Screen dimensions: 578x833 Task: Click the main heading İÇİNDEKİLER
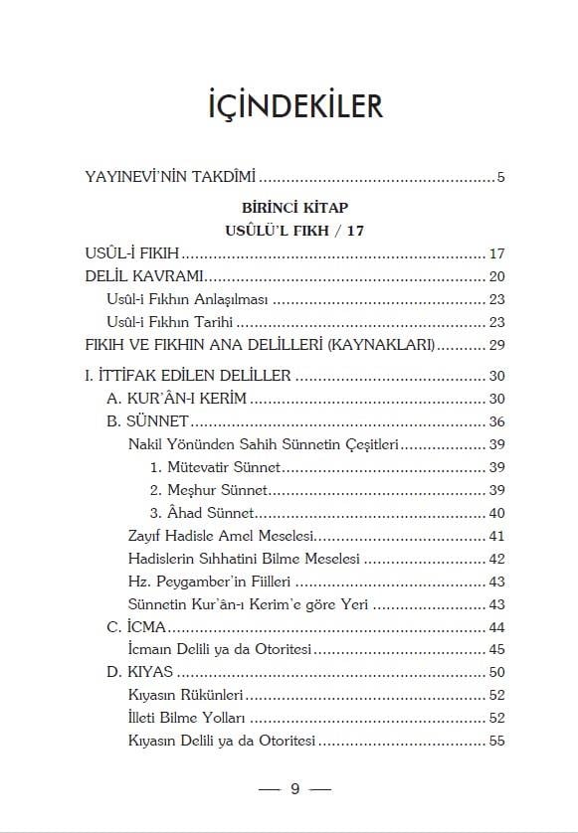click(289, 105)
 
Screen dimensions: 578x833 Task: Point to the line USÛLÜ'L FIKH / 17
click(289, 231)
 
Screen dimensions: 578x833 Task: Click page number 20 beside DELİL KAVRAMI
click(498, 275)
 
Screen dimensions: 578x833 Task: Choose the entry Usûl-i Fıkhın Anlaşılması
click(188, 298)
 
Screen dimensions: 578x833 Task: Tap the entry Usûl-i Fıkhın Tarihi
click(169, 322)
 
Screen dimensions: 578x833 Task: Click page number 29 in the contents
click(498, 345)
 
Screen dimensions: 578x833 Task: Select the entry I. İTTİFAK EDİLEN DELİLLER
click(189, 376)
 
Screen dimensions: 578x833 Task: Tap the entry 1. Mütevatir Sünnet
click(215, 466)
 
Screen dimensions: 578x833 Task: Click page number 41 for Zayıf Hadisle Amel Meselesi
click(498, 536)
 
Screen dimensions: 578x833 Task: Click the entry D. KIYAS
click(140, 673)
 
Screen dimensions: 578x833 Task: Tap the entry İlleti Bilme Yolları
click(186, 718)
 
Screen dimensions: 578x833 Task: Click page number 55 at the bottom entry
click(498, 741)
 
